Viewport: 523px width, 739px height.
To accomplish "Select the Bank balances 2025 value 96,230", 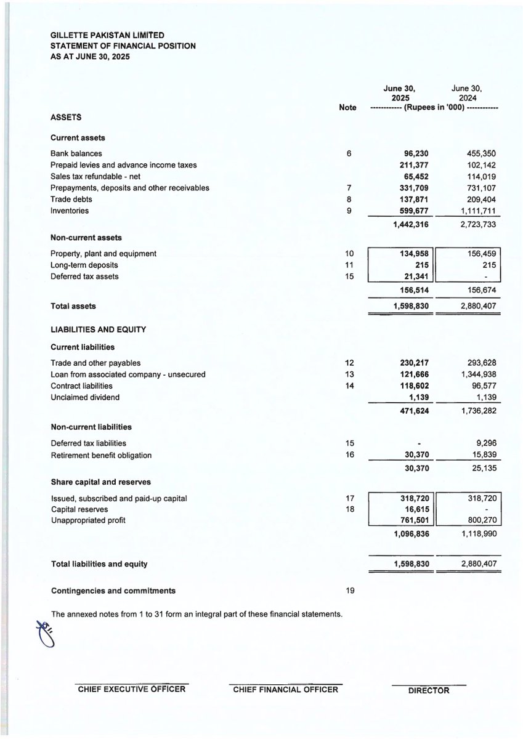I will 415,153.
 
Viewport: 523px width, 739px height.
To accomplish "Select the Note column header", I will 347,107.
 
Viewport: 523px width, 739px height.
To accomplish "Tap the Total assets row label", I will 73,305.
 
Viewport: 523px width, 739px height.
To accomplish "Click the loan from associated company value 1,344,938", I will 474,374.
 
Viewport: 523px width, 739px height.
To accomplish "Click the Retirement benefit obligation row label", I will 100,456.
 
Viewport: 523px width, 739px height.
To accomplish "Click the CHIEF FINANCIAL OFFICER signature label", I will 285,690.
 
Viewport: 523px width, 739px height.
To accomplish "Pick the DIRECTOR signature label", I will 429,690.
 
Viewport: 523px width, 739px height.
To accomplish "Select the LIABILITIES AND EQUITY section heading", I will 98,329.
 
